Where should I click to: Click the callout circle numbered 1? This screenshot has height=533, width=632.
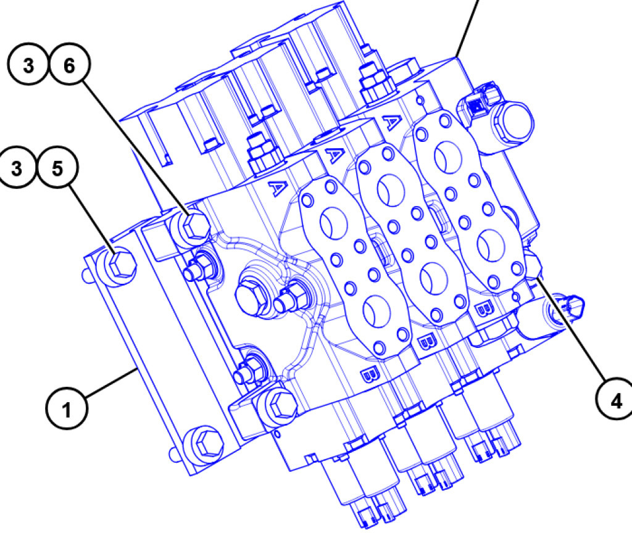tap(67, 408)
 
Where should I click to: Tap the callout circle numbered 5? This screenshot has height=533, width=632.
tap(57, 168)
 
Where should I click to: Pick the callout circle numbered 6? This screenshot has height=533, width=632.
tap(69, 66)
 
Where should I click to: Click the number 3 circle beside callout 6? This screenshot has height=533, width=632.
tap(29, 66)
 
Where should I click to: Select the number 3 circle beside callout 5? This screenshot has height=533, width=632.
tap(19, 168)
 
